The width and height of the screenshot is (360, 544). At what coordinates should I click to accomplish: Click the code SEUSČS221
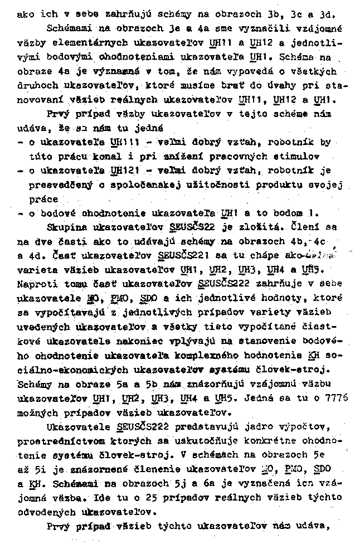coord(181,256)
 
